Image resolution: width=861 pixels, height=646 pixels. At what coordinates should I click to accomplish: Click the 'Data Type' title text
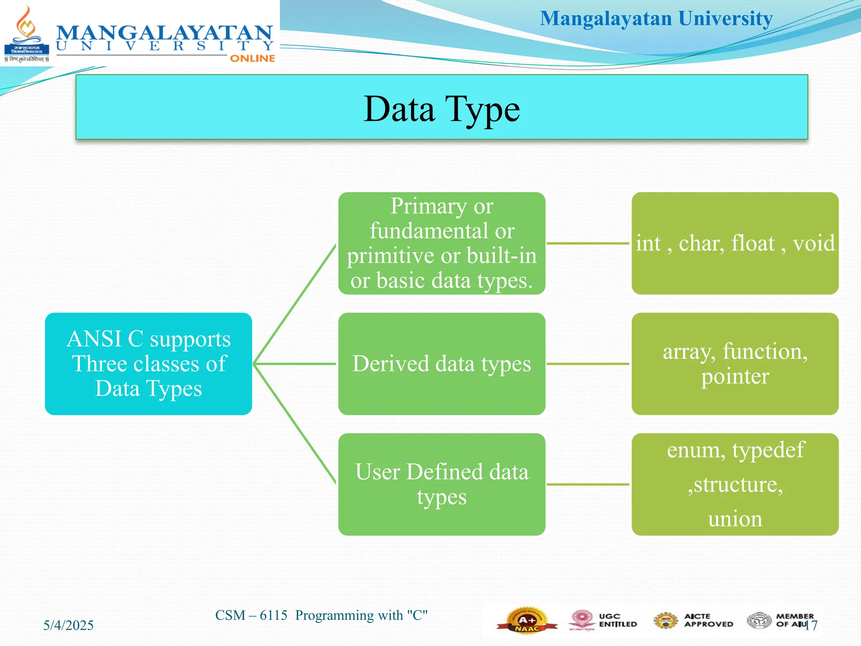pyautogui.click(x=441, y=109)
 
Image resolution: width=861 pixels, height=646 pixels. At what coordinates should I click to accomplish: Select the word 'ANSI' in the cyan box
pyautogui.click(x=95, y=339)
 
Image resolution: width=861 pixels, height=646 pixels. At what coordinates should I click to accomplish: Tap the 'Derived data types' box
pyautogui.click(x=441, y=364)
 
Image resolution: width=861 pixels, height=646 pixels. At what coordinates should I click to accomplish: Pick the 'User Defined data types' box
pyautogui.click(x=441, y=484)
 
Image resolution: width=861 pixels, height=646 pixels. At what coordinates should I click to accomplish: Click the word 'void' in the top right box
pyautogui.click(x=813, y=244)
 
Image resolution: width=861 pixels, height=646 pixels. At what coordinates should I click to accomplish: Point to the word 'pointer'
pyautogui.click(x=735, y=376)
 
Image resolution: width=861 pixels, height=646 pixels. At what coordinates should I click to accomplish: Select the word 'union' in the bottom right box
pyautogui.click(x=735, y=519)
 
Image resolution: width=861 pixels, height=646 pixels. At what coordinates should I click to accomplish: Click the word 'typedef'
pyautogui.click(x=769, y=450)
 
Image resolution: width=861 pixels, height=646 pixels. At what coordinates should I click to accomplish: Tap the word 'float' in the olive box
pyautogui.click(x=753, y=244)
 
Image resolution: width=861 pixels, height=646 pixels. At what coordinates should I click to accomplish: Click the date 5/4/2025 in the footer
pyautogui.click(x=69, y=625)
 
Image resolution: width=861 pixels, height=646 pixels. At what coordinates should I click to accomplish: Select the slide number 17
pyautogui.click(x=811, y=625)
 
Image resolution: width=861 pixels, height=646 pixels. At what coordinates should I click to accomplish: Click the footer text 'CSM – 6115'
pyautogui.click(x=251, y=615)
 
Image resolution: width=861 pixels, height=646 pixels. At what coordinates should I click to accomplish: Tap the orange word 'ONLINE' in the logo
pyautogui.click(x=252, y=58)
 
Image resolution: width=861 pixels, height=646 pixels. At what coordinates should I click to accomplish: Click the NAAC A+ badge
pyautogui.click(x=527, y=620)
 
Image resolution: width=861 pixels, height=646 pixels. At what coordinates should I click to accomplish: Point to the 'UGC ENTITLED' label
pyautogui.click(x=617, y=620)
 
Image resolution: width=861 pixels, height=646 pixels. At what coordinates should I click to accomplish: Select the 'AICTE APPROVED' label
pyautogui.click(x=708, y=620)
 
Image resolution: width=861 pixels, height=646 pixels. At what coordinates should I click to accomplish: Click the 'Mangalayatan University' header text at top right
pyautogui.click(x=656, y=19)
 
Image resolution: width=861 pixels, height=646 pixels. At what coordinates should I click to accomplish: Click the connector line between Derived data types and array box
pyautogui.click(x=588, y=364)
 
